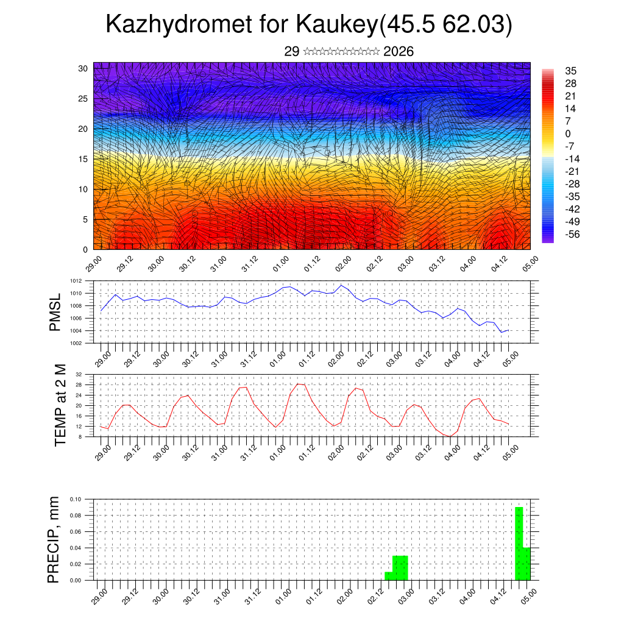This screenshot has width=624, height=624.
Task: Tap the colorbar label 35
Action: (571, 71)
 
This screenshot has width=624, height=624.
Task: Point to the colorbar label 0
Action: (568, 133)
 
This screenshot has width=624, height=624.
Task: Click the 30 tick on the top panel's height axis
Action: (83, 68)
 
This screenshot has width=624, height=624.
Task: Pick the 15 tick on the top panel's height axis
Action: (83, 159)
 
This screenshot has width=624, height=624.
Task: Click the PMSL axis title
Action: (55, 312)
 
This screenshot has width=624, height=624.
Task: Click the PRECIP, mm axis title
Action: (54, 539)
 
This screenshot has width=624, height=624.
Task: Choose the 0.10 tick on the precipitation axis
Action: (75, 499)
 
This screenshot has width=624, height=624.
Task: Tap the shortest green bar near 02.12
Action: (388, 576)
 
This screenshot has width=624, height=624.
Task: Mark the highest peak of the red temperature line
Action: (298, 384)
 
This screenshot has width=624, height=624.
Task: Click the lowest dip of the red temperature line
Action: (450, 436)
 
